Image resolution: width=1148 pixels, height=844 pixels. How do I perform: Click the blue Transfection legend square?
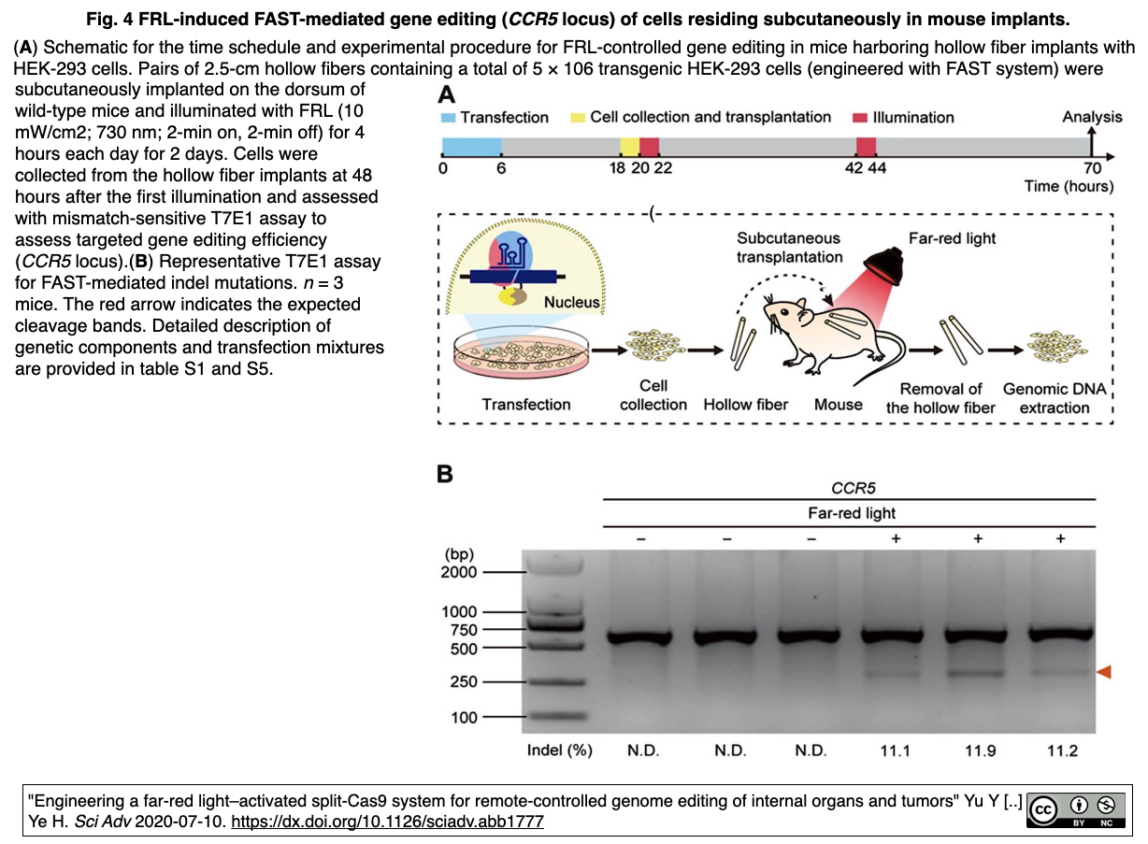tap(448, 118)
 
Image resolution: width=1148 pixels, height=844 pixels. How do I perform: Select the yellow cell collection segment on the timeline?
tap(630, 147)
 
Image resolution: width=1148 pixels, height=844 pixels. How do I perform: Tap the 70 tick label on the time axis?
tap(1092, 168)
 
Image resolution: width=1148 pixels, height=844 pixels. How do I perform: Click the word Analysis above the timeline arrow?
tap(1092, 117)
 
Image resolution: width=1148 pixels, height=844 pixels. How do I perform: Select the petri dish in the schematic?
tap(522, 352)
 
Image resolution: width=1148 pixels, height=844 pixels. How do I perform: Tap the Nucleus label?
tap(571, 302)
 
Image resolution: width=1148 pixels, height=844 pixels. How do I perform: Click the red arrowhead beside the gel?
tap(1104, 672)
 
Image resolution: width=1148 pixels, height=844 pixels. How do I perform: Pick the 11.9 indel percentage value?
tap(980, 751)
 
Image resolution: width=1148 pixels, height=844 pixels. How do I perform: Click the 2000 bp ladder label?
tap(459, 572)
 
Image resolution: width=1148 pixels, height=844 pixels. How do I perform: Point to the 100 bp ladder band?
tap(556, 716)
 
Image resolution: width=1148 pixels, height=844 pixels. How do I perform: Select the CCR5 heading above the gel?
tap(853, 488)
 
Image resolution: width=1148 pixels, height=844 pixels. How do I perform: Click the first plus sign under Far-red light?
tap(896, 538)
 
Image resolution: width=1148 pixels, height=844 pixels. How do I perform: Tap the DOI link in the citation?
tap(387, 822)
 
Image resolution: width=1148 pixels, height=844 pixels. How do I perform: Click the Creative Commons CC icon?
tap(1044, 809)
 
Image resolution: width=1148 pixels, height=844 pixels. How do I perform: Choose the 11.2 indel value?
tap(1062, 751)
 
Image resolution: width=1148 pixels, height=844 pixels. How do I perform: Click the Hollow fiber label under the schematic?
tap(745, 405)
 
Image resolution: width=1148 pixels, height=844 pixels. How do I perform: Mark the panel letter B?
tap(445, 474)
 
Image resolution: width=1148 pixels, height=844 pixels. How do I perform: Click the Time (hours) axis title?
tap(1069, 186)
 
